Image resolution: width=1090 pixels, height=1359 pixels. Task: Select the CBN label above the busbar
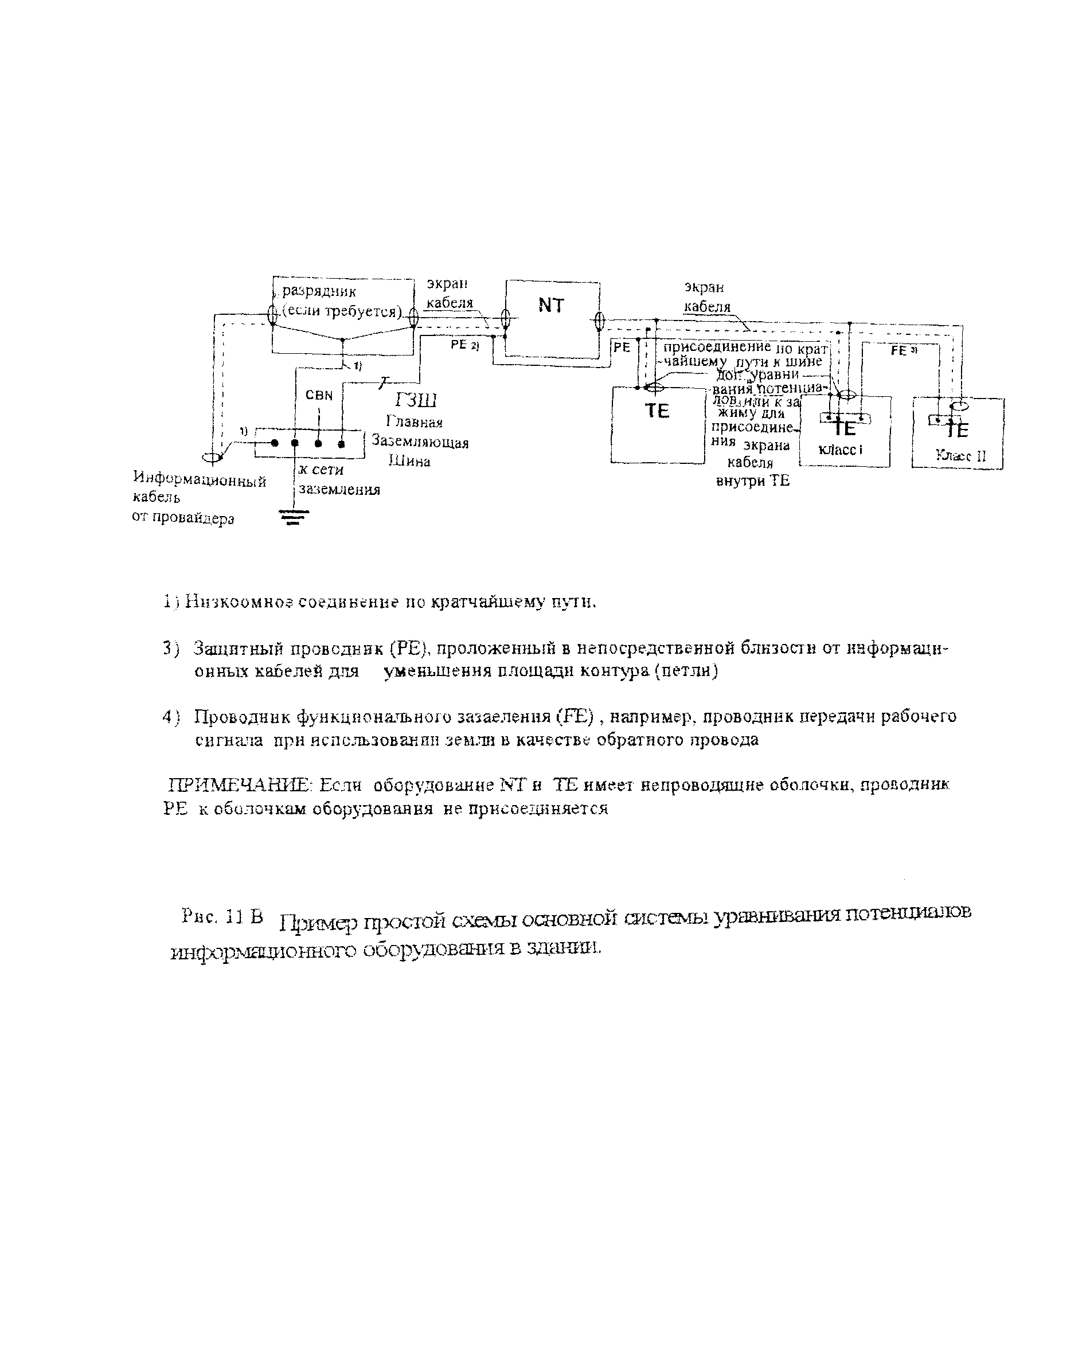tap(319, 395)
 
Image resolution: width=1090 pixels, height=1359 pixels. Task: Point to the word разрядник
tap(319, 291)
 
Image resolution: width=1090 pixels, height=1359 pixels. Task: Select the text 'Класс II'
tap(961, 456)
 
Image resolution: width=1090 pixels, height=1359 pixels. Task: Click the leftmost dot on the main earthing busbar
tap(274, 443)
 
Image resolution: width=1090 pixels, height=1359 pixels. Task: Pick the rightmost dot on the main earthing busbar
tap(342, 443)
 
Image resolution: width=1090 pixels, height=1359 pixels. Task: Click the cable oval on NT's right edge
tap(600, 321)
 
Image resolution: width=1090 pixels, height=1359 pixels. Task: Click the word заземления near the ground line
tap(339, 489)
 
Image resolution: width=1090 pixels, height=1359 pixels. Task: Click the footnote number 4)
tap(171, 717)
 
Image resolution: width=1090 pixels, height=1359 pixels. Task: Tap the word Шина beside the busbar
tap(409, 461)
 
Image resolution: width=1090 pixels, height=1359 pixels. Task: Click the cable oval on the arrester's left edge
tap(272, 315)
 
